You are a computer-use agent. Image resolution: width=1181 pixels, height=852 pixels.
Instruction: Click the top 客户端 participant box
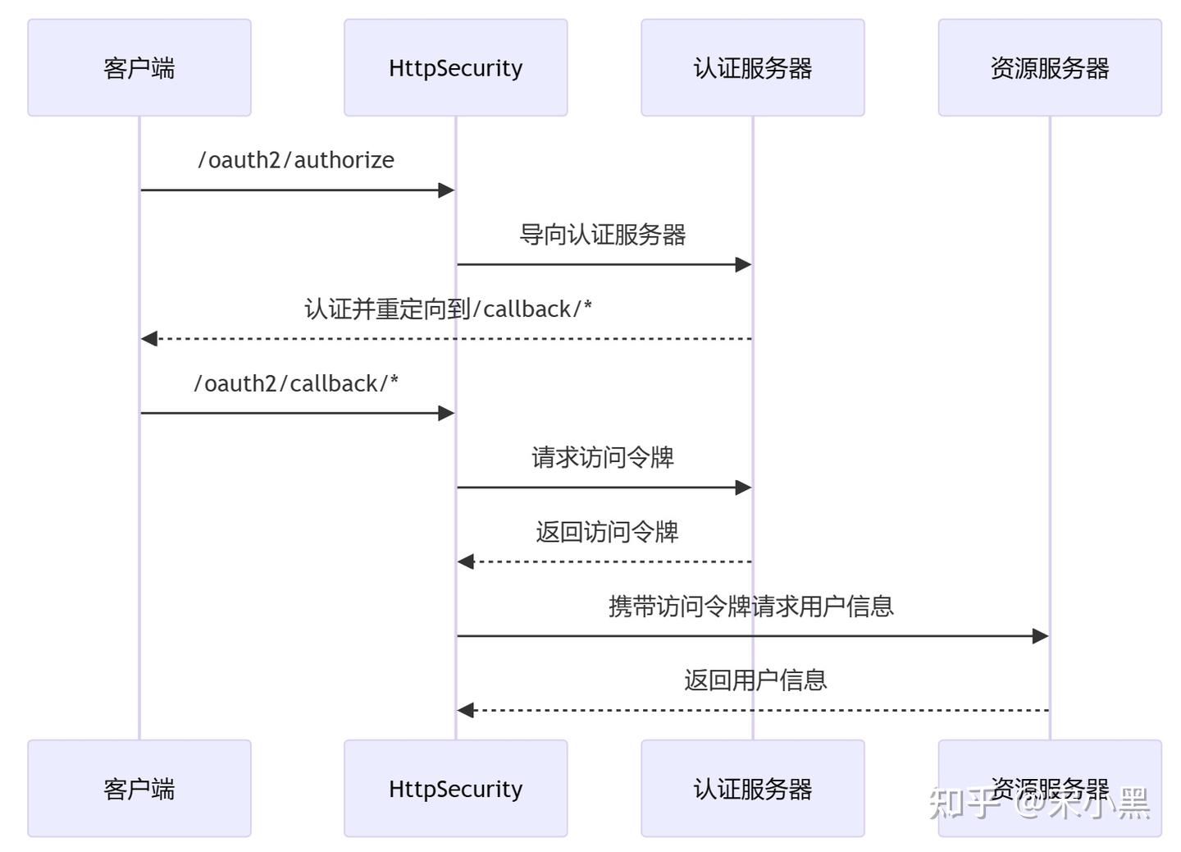139,67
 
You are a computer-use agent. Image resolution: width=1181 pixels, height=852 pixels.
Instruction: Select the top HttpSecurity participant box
455,67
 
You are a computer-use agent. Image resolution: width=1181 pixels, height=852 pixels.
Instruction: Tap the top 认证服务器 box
752,67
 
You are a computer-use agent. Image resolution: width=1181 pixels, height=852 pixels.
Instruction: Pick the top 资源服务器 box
1049,67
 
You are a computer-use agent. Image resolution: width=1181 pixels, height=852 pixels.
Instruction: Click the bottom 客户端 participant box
139,788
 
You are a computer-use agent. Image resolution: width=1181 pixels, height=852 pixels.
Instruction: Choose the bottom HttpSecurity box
455,788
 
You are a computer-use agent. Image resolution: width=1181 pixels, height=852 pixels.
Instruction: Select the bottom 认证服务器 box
752,788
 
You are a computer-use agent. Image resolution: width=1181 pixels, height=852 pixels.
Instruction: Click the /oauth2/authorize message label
296,160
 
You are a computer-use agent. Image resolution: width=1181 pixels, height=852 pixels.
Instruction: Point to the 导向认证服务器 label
603,235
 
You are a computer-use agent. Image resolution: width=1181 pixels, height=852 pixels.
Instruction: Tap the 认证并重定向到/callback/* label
448,309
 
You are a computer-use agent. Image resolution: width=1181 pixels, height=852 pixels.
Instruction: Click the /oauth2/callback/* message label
296,383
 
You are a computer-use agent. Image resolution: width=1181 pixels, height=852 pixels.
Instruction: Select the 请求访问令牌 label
603,457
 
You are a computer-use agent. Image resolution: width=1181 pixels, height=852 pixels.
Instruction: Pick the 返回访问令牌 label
607,532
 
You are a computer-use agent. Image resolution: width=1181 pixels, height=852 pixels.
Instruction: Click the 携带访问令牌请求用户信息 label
750,607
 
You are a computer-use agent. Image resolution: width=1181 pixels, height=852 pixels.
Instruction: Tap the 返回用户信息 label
755,680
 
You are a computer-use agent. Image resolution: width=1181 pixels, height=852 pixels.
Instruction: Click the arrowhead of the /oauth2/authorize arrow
447,190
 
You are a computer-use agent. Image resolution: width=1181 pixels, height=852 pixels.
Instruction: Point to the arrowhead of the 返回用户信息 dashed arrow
465,710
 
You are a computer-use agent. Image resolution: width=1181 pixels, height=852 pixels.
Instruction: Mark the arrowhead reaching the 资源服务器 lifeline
1041,636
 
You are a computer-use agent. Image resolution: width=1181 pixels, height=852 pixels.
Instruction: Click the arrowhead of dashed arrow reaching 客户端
148,339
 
